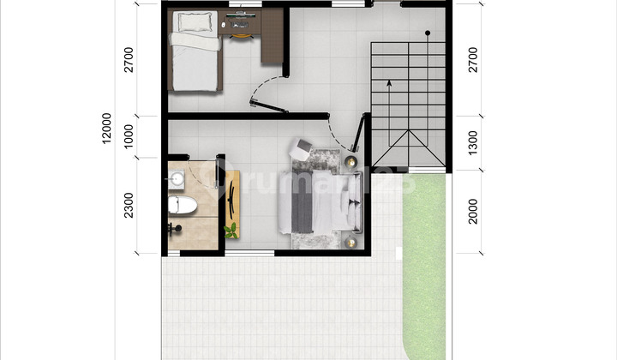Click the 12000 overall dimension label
click(107, 129)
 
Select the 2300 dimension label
click(129, 206)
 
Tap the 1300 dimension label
click(473, 142)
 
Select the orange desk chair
click(241, 33)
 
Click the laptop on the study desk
click(240, 16)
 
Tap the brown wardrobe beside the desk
click(273, 39)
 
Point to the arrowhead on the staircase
click(388, 83)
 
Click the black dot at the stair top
click(426, 33)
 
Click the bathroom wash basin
click(178, 179)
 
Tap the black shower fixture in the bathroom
click(175, 228)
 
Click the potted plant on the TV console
click(231, 230)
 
